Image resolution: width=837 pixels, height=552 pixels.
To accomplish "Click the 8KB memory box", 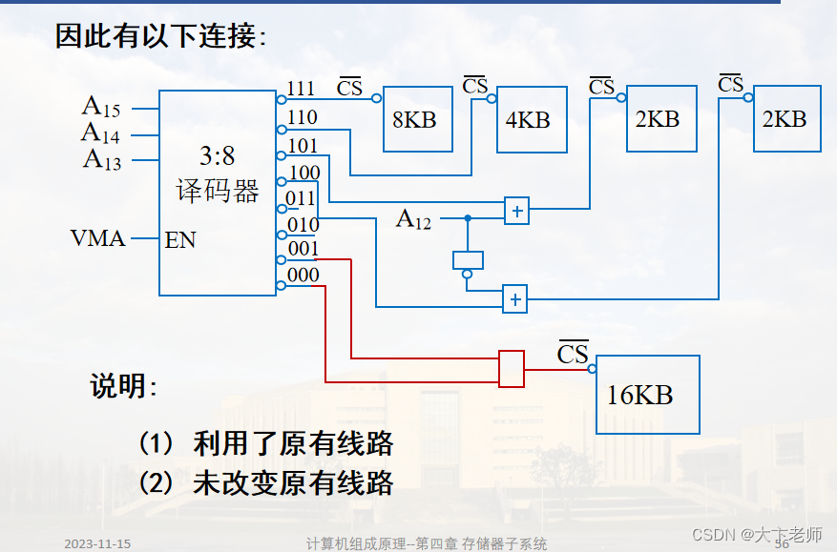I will click(x=417, y=119).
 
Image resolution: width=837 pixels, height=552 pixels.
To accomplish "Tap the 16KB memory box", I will click(x=648, y=395).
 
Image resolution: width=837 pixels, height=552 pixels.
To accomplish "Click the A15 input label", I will click(x=101, y=106).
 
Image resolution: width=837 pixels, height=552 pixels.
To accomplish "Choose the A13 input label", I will click(x=101, y=158).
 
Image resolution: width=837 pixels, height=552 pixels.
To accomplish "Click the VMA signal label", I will click(x=97, y=237).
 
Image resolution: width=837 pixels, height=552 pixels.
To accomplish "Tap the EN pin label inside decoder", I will click(x=180, y=239).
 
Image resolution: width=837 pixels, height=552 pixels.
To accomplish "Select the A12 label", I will click(x=413, y=220).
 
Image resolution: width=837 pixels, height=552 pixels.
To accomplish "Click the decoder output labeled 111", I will click(x=301, y=89).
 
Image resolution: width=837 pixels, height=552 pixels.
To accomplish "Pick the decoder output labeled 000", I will click(x=303, y=275).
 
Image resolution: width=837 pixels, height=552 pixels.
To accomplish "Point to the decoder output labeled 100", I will click(x=303, y=173).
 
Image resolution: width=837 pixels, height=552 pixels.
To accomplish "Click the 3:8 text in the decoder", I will click(x=218, y=155).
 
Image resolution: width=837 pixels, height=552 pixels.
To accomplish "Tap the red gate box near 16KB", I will click(x=512, y=369).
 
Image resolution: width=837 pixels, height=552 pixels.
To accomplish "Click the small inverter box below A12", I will click(x=468, y=260).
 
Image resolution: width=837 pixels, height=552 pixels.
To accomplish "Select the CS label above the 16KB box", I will click(x=573, y=354).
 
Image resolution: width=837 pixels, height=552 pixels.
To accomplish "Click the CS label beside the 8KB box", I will click(x=350, y=88).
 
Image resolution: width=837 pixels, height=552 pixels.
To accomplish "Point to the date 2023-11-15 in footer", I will click(x=97, y=543).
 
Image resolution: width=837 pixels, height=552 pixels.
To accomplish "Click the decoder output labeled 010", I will click(x=303, y=224).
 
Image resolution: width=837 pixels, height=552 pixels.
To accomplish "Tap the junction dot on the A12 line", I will click(x=468, y=218).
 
